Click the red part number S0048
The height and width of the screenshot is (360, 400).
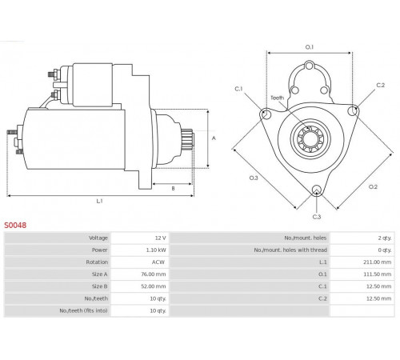(x=15, y=226)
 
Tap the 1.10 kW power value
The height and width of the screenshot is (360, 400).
(x=156, y=250)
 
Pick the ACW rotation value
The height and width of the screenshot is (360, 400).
(x=158, y=262)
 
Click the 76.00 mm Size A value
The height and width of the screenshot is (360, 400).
(x=154, y=274)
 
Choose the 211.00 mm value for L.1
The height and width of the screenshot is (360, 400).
(x=378, y=262)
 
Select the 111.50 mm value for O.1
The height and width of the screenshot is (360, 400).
(x=378, y=274)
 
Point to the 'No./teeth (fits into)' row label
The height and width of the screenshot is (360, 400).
(x=83, y=310)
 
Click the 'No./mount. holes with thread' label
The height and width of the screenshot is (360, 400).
(x=290, y=250)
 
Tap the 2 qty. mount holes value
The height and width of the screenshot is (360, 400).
(x=385, y=238)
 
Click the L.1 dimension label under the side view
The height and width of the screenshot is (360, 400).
(x=99, y=201)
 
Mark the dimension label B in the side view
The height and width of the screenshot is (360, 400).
(x=173, y=189)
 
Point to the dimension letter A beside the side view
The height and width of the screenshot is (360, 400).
(x=214, y=138)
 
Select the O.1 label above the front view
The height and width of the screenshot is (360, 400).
(x=310, y=47)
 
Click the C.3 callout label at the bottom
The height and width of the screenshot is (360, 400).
(x=317, y=217)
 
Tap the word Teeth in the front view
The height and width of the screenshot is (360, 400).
(x=278, y=98)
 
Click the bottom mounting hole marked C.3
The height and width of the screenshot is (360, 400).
(x=317, y=190)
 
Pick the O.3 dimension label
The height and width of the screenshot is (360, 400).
(x=254, y=178)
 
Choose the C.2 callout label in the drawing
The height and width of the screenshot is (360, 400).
(x=381, y=85)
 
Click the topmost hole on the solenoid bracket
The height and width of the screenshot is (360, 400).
(x=310, y=66)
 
